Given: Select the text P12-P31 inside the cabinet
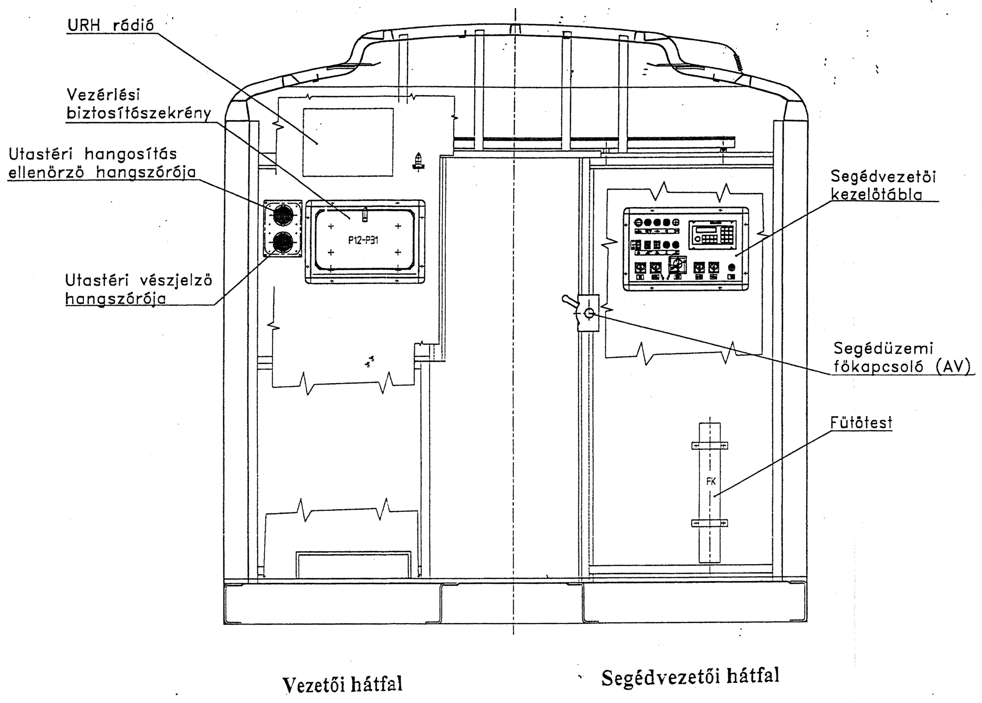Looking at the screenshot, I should (x=363, y=240).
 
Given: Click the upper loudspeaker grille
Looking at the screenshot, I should (x=283, y=215).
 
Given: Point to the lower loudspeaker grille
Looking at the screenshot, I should (x=283, y=242).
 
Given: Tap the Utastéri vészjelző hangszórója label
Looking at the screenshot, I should (x=139, y=289).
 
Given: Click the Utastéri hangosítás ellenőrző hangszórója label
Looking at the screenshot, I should (x=102, y=163).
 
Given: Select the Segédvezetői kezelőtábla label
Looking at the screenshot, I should (x=883, y=185).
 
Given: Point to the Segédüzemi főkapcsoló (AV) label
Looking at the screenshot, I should (x=902, y=358).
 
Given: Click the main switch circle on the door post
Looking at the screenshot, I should (x=589, y=312).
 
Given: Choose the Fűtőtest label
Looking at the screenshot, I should (x=861, y=422).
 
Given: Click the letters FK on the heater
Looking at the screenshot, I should (x=710, y=481).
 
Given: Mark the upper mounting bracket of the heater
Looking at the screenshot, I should (x=709, y=445).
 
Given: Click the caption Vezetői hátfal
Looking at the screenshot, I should (x=342, y=683).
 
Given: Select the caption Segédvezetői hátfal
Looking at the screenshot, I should (x=690, y=677).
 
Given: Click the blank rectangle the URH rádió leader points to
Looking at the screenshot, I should (x=348, y=142).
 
